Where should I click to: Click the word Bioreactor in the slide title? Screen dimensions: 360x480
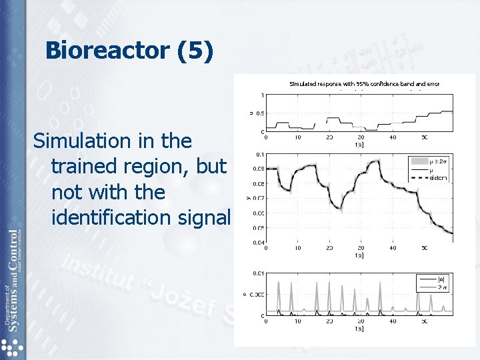pyautogui.click(x=109, y=51)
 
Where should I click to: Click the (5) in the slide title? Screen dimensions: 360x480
pyautogui.click(x=196, y=51)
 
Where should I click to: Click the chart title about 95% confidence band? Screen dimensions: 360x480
pyautogui.click(x=364, y=84)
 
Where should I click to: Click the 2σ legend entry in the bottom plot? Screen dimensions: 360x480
pyautogui.click(x=440, y=287)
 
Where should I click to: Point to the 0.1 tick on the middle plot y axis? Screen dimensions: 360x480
pyautogui.click(x=259, y=154)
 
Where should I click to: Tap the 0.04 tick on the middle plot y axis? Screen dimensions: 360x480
pyautogui.click(x=257, y=242)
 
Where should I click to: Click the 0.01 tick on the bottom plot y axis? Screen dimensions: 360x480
pyautogui.click(x=257, y=273)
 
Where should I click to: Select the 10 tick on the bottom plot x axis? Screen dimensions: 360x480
pyautogui.click(x=297, y=321)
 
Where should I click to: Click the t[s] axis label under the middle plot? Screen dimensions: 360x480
pyautogui.click(x=359, y=255)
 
